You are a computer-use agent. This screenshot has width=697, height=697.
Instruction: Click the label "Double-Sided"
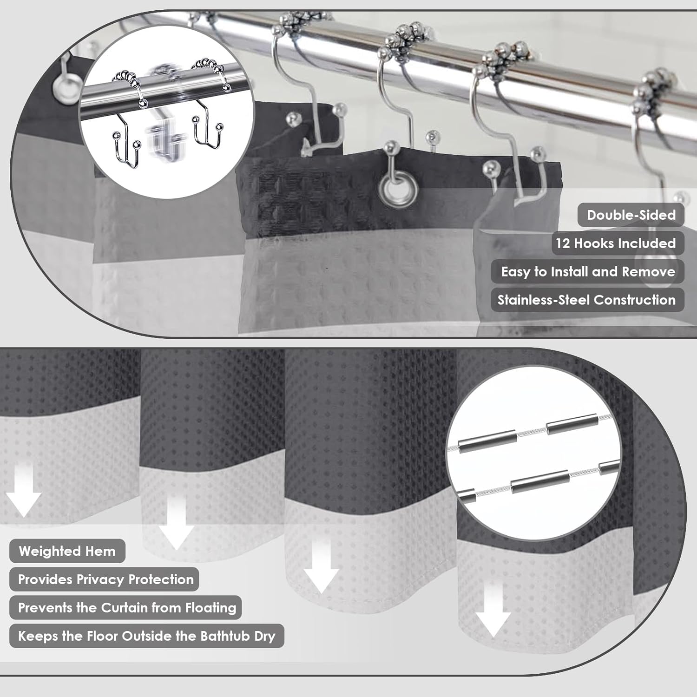click(631, 215)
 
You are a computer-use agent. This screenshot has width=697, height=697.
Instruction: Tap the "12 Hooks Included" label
click(616, 243)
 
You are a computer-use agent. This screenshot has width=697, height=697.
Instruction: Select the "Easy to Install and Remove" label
click(588, 272)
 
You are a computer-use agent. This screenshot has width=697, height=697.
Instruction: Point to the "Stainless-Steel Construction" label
click(586, 300)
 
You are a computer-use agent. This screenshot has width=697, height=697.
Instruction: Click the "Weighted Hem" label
click(67, 551)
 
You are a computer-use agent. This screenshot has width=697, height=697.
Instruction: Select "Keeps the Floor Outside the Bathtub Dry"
click(146, 636)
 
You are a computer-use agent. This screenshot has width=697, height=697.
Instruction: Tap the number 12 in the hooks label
click(563, 243)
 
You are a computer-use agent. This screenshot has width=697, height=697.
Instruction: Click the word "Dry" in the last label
click(264, 636)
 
